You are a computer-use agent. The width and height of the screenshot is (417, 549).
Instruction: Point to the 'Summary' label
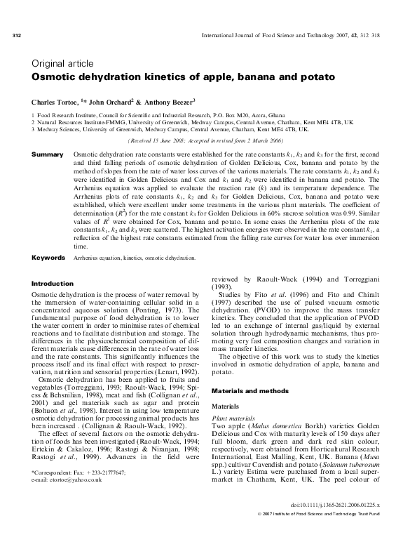tap(46, 153)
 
